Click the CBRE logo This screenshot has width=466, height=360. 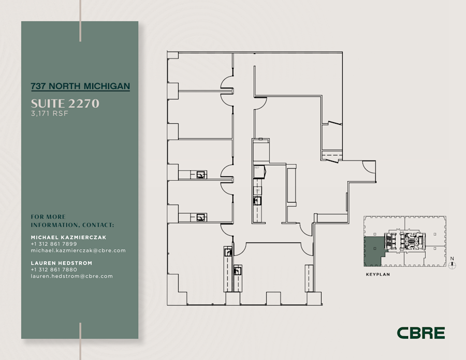420,333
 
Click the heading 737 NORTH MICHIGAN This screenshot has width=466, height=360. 80,86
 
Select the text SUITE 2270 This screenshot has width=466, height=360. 65,104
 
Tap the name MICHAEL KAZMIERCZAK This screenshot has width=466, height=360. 68,237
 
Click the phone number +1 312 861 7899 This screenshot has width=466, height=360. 54,244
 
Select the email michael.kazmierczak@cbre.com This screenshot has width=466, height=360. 78,251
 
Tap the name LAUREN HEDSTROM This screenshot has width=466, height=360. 61,263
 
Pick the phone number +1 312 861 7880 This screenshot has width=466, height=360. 54,270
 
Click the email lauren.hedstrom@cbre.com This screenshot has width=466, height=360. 71,277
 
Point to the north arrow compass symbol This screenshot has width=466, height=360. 453,266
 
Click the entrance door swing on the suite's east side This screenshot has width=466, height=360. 368,166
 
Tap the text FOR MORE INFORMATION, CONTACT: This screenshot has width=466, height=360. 72,221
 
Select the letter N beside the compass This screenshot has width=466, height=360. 452,258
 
